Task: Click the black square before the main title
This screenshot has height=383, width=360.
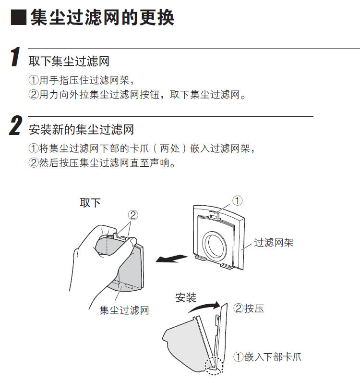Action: [19, 17]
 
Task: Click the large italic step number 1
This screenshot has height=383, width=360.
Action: [15, 57]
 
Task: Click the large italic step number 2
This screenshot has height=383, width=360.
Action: [16, 125]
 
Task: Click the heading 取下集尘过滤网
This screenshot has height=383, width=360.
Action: [69, 61]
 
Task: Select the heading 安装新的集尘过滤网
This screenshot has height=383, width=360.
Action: [81, 129]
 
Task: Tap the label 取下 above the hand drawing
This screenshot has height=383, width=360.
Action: [90, 203]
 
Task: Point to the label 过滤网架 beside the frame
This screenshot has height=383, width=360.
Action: [274, 243]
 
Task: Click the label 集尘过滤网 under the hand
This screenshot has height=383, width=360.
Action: [124, 310]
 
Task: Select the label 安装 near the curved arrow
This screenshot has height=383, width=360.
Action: [186, 297]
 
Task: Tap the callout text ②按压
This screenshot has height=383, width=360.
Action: [249, 308]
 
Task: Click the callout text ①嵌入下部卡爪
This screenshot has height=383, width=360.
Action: [267, 357]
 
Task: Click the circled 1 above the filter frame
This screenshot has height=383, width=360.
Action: [237, 200]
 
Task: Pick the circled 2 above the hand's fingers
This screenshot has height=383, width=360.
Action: [133, 215]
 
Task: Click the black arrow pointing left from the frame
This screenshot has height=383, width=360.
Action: [171, 259]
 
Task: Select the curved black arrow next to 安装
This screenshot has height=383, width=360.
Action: [204, 307]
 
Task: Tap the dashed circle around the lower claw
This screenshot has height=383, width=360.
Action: [214, 366]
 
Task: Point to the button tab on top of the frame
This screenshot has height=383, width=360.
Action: [214, 215]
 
